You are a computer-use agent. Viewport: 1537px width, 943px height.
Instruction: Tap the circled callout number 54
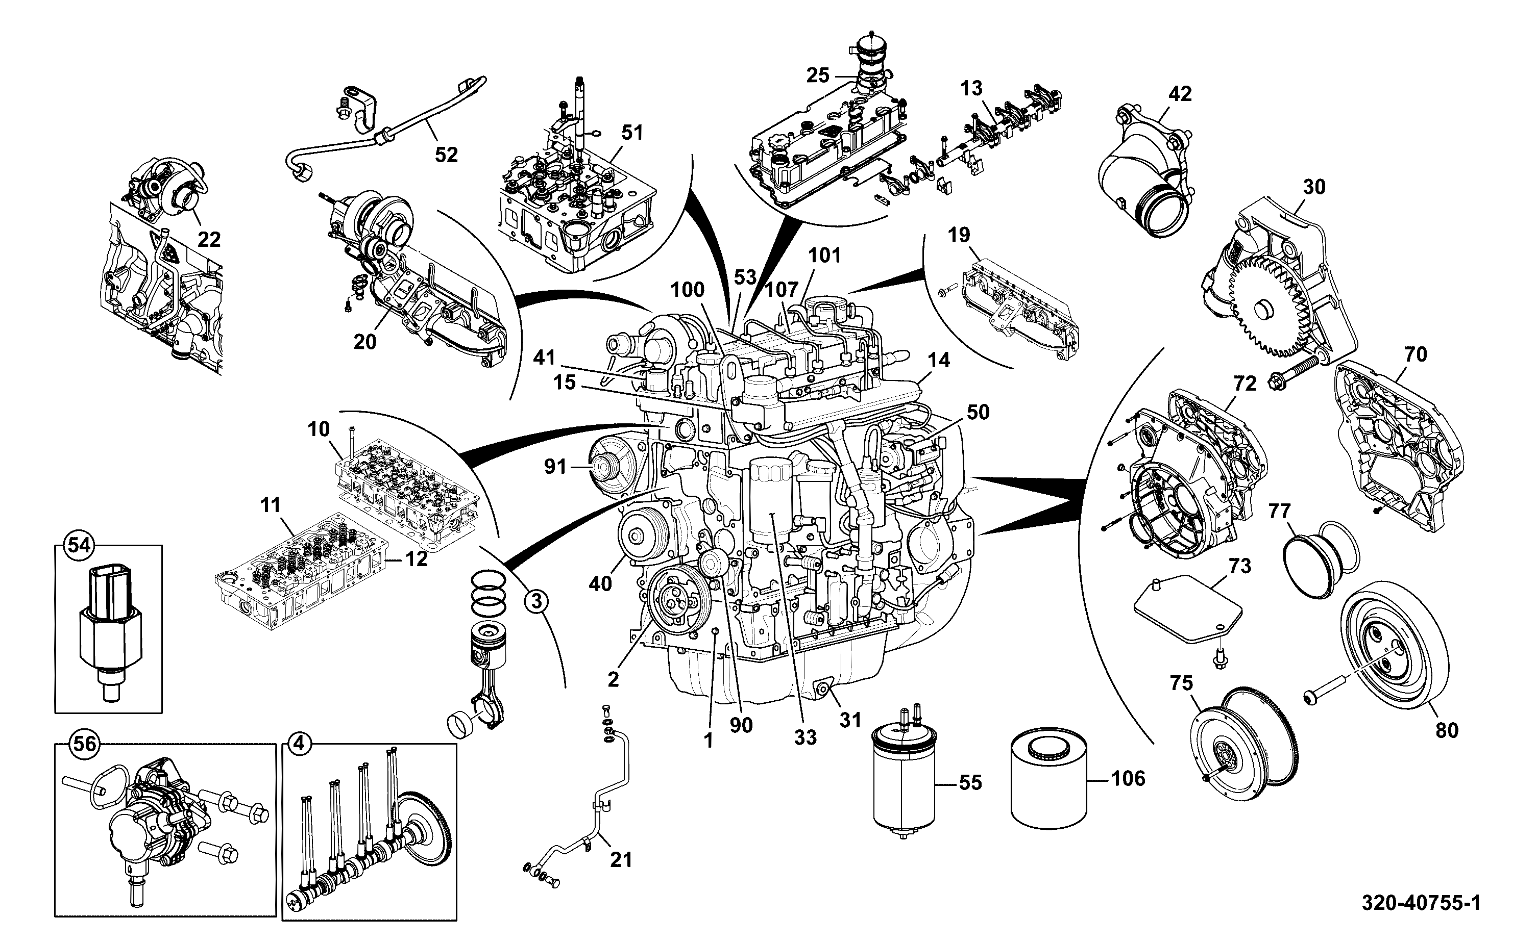coord(79,546)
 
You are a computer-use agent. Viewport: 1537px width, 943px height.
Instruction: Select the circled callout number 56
coord(85,744)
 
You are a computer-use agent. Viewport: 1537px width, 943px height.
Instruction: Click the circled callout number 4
coord(299,744)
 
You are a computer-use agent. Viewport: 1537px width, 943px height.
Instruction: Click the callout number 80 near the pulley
coord(1447,730)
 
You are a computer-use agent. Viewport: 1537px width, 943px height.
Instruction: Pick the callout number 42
coord(1180,93)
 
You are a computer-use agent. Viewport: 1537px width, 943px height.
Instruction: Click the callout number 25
coord(817,75)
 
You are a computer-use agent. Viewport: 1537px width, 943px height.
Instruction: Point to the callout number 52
coord(446,154)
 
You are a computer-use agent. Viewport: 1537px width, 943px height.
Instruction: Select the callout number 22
coord(209,240)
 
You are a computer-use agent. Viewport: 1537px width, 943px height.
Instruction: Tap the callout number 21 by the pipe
coord(621,860)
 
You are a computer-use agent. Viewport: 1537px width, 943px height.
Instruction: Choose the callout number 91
coord(555,466)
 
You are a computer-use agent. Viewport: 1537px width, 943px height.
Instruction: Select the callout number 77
coord(1279,511)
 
